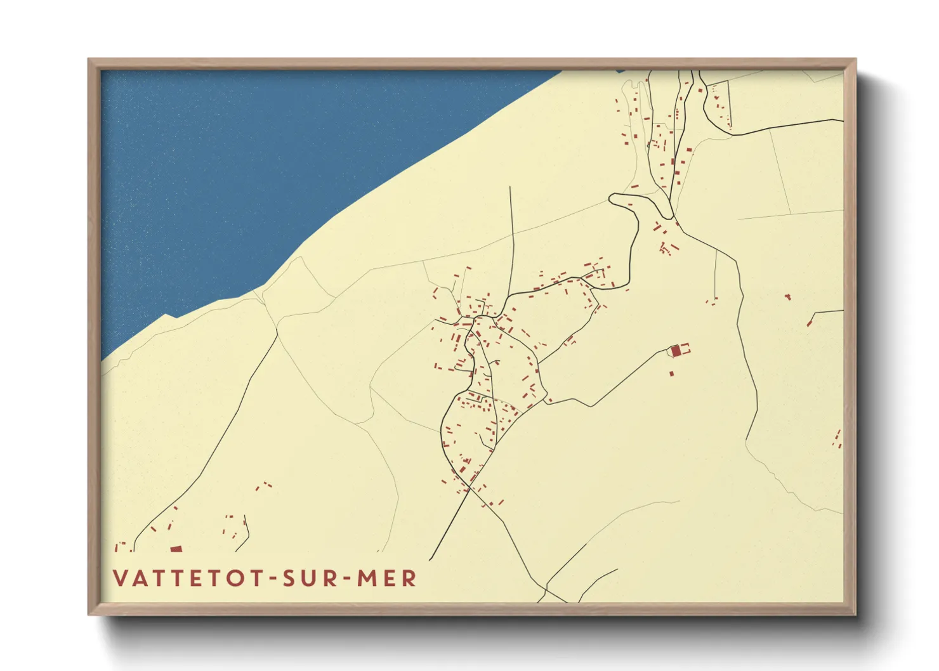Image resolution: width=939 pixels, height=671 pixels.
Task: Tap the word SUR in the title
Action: (x=309, y=578)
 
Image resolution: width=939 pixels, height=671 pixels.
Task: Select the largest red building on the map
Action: (x=676, y=350)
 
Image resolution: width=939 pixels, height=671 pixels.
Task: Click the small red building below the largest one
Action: (x=672, y=374)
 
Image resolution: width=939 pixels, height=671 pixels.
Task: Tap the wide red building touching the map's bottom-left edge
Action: (x=176, y=549)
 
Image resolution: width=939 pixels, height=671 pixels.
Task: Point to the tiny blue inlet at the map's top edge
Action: (x=620, y=71)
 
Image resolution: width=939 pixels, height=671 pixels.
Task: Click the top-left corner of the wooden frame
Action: (x=89, y=60)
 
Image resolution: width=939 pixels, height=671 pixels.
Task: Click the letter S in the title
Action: (x=289, y=578)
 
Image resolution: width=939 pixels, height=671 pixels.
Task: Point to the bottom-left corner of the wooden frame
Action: (x=89, y=613)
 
